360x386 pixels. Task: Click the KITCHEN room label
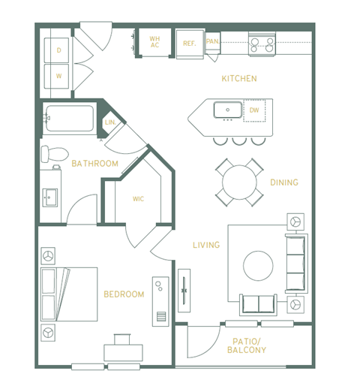click(x=239, y=78)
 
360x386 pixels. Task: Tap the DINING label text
click(x=284, y=182)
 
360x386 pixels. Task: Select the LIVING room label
click(x=205, y=245)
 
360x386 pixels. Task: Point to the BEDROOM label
click(x=124, y=294)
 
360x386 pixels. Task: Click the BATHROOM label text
click(x=94, y=163)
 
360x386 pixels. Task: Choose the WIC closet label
click(x=138, y=199)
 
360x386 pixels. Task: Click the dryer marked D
click(x=58, y=50)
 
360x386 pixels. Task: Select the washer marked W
click(x=58, y=75)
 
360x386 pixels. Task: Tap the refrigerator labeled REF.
click(x=189, y=44)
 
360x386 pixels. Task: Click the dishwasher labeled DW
click(x=254, y=110)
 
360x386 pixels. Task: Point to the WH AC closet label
click(x=154, y=42)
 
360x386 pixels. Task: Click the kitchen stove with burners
click(x=262, y=44)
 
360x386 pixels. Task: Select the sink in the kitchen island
click(x=226, y=110)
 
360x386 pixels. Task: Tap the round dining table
click(x=239, y=182)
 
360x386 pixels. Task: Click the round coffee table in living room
click(x=259, y=265)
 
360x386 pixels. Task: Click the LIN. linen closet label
click(x=109, y=122)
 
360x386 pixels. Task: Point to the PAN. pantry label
click(x=212, y=43)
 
